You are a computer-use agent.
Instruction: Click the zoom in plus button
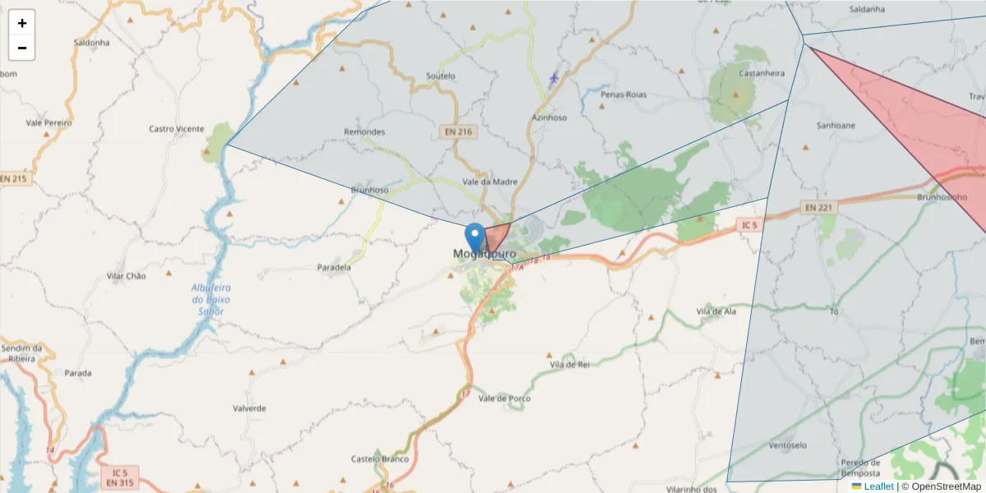point(22,23)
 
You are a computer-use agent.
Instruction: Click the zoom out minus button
point(22,48)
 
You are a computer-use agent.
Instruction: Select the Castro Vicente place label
point(176,129)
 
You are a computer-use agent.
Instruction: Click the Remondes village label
point(364,131)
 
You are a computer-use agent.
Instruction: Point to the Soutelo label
point(440,76)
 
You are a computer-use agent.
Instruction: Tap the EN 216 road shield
point(458,131)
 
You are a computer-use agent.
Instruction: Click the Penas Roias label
point(624,94)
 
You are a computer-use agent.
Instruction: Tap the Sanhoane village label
point(835,126)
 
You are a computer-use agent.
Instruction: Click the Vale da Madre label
point(490,182)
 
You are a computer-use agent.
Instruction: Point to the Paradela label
point(334,267)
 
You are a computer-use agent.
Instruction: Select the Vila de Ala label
point(715,311)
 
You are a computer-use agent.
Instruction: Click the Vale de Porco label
point(505,399)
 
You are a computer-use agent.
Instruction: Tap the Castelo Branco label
point(380,458)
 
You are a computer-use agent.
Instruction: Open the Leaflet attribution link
point(878,486)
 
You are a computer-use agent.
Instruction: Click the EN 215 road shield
point(14,178)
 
